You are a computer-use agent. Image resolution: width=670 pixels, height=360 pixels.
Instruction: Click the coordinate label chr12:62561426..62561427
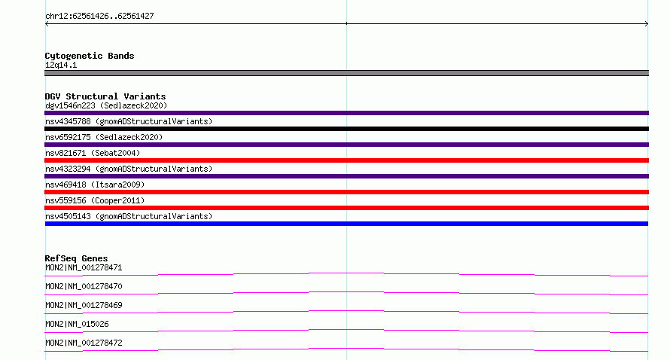point(99,17)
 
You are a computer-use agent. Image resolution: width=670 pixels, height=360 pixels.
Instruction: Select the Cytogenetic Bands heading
point(90,56)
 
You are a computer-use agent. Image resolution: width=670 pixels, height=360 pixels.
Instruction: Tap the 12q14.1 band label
point(61,65)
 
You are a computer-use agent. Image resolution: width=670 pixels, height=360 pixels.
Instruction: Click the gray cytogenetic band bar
point(346,73)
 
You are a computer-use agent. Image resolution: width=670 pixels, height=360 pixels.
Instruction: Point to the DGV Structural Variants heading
point(105,96)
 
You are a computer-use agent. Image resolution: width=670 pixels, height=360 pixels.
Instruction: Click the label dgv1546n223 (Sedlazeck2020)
point(106,105)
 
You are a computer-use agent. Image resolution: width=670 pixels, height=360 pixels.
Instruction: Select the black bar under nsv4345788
point(346,129)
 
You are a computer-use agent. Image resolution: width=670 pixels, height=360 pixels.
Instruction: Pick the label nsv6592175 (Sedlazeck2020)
point(104,137)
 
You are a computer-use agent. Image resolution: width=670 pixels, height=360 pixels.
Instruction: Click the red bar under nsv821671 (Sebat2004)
point(346,160)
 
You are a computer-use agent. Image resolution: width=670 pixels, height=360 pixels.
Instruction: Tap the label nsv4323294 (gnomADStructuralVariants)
point(129,169)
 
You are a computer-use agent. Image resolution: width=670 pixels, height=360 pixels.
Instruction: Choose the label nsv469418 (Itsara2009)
point(95,185)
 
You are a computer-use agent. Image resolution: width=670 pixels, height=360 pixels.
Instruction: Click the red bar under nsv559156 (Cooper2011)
point(346,208)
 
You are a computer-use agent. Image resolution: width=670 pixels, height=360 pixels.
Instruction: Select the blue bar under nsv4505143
point(346,224)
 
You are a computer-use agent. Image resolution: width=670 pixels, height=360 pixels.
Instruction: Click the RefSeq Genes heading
point(76,258)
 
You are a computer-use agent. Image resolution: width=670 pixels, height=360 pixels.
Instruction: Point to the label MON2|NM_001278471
point(84,267)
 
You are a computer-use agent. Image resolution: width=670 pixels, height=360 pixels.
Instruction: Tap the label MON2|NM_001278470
point(84,286)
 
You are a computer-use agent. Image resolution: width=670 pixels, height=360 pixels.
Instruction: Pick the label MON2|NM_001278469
point(84,305)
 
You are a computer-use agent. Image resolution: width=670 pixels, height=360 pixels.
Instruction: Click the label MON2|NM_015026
point(77,324)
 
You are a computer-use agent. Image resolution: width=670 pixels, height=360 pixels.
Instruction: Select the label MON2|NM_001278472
point(84,343)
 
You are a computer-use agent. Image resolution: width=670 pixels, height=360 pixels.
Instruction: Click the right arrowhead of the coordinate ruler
point(647,23)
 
